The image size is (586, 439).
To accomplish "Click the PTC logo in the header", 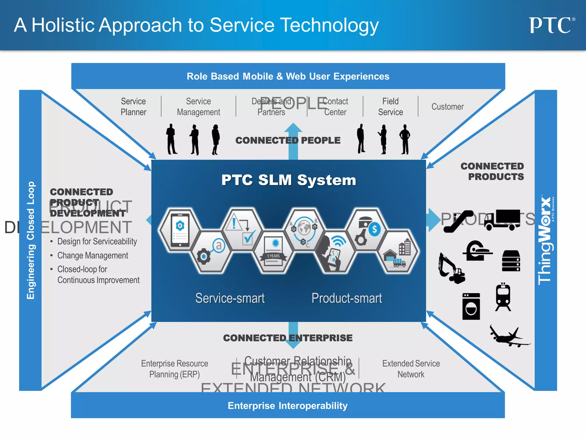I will tap(551, 25).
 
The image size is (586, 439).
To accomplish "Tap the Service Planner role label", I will tap(133, 107).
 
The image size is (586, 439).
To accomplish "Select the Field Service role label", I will tap(390, 107).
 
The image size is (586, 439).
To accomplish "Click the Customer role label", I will tap(447, 107).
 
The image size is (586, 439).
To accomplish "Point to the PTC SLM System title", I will tap(288, 180).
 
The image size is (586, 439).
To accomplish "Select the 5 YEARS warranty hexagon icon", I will tap(274, 252).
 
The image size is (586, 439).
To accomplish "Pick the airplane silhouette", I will tap(508, 336).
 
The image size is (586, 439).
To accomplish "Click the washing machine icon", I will tap(471, 306).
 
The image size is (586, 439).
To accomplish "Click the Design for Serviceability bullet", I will tap(97, 242).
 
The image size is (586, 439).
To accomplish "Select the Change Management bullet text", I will tap(93, 256).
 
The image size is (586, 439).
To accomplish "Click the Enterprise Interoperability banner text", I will tap(288, 406).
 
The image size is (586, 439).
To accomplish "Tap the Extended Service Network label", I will tap(411, 369).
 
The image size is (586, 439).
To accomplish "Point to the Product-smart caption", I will tap(347, 298).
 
